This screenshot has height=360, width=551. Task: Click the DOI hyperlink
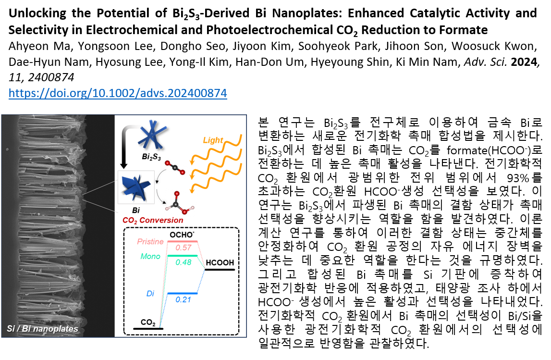point(118,93)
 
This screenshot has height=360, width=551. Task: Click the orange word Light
point(213,140)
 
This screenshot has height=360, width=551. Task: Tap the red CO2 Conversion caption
point(153,220)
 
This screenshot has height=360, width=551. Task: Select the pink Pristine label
point(150,242)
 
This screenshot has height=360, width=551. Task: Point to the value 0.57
point(183,248)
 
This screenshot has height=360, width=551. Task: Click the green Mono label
point(150,257)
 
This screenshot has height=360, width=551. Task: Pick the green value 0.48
point(183,262)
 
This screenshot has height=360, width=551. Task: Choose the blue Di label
point(150,294)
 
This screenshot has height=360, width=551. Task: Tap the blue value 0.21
point(183,300)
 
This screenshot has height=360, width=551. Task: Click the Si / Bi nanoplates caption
point(42,329)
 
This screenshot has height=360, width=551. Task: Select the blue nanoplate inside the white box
point(135,186)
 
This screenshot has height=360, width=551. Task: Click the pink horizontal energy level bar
point(183,241)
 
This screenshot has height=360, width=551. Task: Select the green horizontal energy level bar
point(183,256)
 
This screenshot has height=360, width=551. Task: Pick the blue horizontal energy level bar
point(183,293)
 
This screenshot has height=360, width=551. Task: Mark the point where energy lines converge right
point(205,268)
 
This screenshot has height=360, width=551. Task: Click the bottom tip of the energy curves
point(160,326)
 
